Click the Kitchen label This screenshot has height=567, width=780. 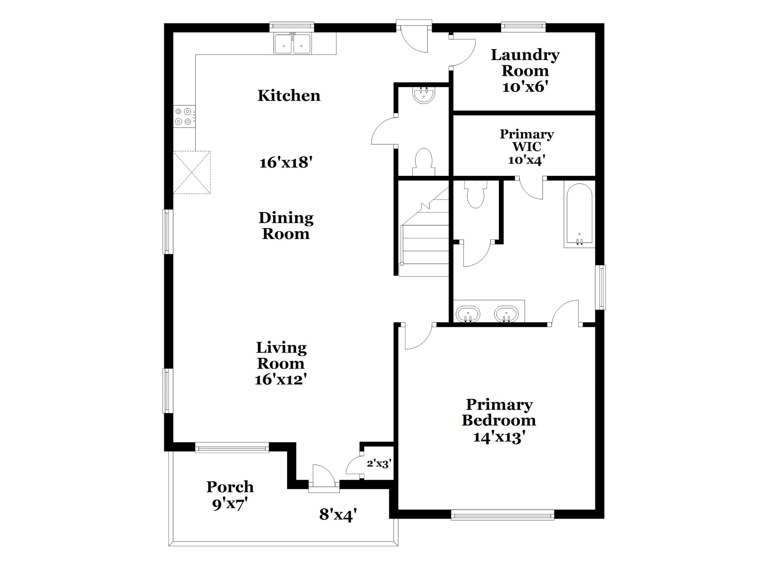pos(289,95)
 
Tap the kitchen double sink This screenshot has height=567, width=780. pos(292,43)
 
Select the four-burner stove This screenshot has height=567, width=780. pos(185,117)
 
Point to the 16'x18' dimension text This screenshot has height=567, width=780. pos(286,163)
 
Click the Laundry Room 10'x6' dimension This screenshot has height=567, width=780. pos(525,87)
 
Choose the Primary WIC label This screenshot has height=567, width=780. pos(527,140)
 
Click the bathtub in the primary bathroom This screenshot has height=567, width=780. pos(579,214)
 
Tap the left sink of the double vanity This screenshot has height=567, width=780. pos(468,314)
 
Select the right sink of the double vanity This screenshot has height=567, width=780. pos(506,314)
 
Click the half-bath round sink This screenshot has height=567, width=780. pos(424,95)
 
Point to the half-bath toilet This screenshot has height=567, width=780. pos(424,162)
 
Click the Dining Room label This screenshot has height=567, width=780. pos(286,225)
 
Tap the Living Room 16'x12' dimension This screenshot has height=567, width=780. pos(281,380)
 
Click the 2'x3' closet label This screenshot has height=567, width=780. pos(379,463)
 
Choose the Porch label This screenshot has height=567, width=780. pos(230,487)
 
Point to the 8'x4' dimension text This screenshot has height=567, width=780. pos(338,514)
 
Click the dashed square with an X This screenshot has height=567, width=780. pos(192,172)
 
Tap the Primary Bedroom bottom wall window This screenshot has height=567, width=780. pos(503,515)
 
